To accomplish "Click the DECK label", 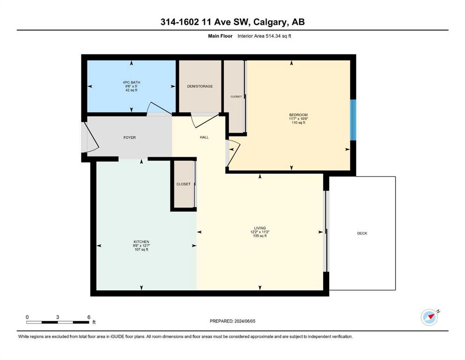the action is [x=362, y=233].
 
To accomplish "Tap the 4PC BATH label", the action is [x=132, y=82].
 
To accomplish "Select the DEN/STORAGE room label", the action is [x=200, y=86].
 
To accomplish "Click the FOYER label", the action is [x=130, y=137].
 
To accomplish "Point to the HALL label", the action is [x=204, y=137].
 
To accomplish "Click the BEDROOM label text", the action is [x=298, y=115].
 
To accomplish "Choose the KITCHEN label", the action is [x=141, y=242].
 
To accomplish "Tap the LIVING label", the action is [x=260, y=228].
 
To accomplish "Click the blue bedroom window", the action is [x=353, y=120].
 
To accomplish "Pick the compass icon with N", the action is [x=430, y=317].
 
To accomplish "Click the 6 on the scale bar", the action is [x=89, y=317].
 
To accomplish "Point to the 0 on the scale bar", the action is [x=27, y=317].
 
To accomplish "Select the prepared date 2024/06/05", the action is [x=245, y=321].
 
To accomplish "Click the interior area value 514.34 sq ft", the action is [x=278, y=36].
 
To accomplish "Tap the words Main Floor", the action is [x=220, y=36].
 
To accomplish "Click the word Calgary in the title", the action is [x=270, y=22].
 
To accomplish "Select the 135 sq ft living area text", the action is [x=260, y=236].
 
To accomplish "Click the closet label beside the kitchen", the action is [x=183, y=184].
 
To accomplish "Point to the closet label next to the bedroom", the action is [x=236, y=97].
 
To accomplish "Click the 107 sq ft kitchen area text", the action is [x=141, y=249].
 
